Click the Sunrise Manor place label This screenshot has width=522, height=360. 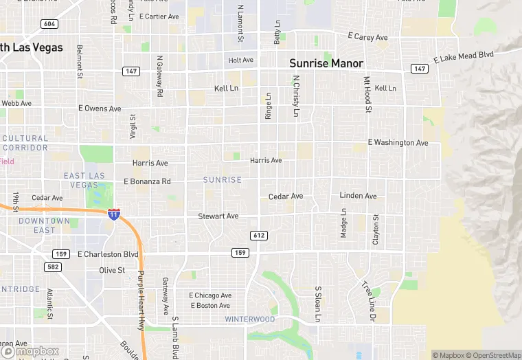point(326,63)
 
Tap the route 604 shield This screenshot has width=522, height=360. point(49,24)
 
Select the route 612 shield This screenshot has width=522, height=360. point(259,236)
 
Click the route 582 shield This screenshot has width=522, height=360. point(53,267)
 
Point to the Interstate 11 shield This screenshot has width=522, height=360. point(114,214)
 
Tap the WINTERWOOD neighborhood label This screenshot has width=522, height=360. point(250,319)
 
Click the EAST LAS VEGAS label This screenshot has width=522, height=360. point(84,181)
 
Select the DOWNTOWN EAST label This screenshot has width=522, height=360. point(45,225)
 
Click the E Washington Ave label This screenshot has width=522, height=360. point(398,143)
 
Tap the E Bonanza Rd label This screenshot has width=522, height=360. point(147,181)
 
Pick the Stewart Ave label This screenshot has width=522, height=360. point(218,216)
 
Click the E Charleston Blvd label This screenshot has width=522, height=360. point(108,254)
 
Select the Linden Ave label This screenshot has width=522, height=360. point(358,196)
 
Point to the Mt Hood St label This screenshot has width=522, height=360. point(367,95)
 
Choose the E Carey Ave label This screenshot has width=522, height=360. point(367,37)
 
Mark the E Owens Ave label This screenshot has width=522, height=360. point(100,109)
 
